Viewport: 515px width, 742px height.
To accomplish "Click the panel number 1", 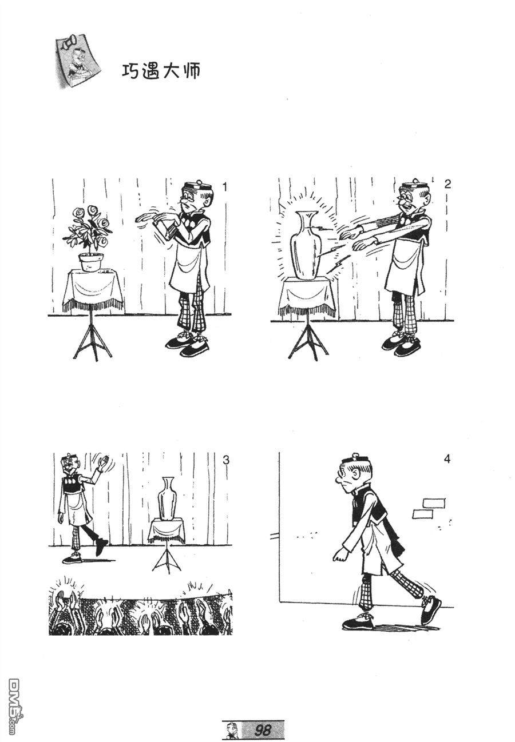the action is [x=225, y=187].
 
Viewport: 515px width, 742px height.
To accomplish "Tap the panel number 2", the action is [x=447, y=184].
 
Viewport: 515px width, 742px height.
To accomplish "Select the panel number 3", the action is [x=226, y=460].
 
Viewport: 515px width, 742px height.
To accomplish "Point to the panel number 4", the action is [x=447, y=460].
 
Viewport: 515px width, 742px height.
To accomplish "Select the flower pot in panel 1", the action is [x=90, y=262].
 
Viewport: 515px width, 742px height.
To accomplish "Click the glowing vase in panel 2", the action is [x=306, y=245].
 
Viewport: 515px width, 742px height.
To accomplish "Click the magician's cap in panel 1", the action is [x=197, y=185].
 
